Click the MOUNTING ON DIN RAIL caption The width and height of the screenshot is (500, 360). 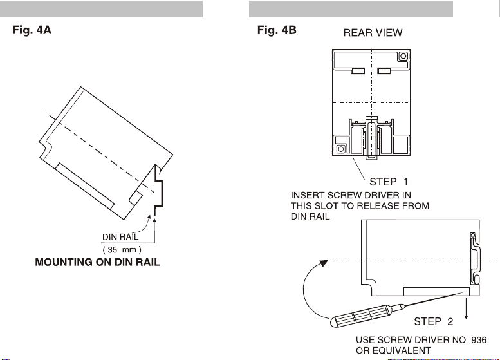click(x=97, y=263)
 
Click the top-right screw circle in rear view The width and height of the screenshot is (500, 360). click(x=402, y=57)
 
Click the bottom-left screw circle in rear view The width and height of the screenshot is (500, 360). click(x=340, y=150)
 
